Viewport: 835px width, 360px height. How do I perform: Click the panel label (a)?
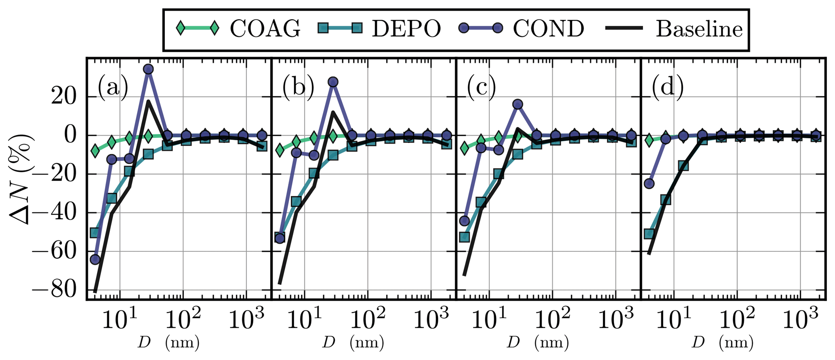point(113,88)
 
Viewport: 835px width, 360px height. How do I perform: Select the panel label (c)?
point(482,88)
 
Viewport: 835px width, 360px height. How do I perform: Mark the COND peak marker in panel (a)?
point(148,69)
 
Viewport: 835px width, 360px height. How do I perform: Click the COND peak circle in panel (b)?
point(333,82)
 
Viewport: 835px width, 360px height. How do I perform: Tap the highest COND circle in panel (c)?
point(517,104)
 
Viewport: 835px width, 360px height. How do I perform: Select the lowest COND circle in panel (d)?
point(649,184)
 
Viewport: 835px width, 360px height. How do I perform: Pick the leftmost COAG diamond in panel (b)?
point(280,150)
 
